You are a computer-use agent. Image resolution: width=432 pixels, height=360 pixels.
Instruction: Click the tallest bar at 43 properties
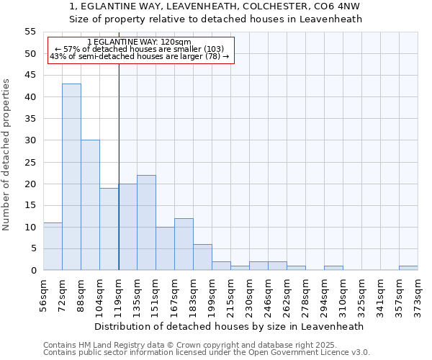(x=71, y=176)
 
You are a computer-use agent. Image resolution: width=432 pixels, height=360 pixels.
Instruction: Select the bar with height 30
(x=90, y=205)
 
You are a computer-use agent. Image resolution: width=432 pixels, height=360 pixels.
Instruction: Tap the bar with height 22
(x=146, y=222)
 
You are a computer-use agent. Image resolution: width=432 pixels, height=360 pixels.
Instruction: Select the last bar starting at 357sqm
(x=408, y=268)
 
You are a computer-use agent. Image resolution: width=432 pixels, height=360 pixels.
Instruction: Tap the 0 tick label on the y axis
(x=33, y=271)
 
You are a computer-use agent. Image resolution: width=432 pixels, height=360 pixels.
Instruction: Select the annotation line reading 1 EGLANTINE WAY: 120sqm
(x=139, y=42)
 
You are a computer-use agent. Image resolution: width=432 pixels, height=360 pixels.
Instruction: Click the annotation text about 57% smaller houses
(x=140, y=49)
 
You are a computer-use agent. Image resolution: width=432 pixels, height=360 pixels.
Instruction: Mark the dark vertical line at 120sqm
(x=119, y=166)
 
